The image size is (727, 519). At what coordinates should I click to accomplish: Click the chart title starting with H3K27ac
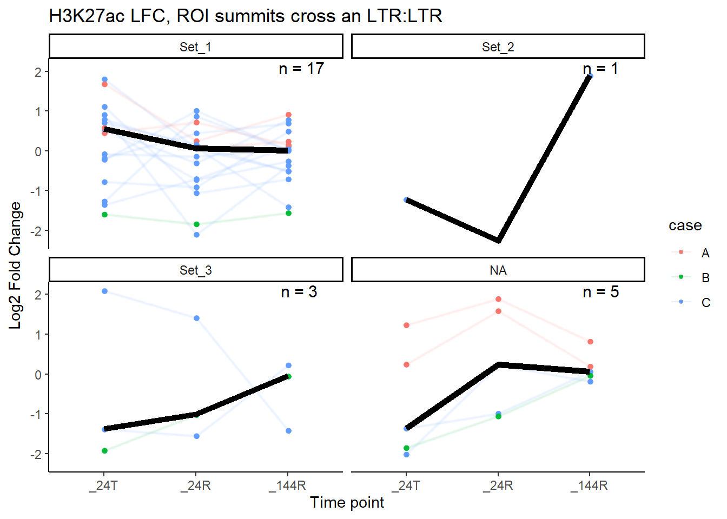tap(246, 16)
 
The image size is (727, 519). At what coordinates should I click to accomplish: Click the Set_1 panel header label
tap(195, 47)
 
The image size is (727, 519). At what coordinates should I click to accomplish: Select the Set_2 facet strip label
tap(498, 47)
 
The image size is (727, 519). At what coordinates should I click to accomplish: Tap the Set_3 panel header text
tap(195, 270)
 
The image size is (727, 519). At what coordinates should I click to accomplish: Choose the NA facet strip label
tap(498, 270)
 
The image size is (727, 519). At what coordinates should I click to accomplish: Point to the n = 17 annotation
tap(301, 69)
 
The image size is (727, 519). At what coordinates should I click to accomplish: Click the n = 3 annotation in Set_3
tap(299, 292)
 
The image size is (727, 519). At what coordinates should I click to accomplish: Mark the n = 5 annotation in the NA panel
tap(600, 292)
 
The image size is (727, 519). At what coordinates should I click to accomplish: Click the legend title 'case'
tap(685, 225)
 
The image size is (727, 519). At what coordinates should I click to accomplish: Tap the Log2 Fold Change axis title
tap(15, 265)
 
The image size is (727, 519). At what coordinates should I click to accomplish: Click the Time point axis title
tap(347, 502)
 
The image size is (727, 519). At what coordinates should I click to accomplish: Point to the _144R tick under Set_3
tap(288, 485)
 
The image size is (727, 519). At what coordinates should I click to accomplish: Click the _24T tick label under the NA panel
tap(406, 485)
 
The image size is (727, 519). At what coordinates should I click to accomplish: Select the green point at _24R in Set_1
tap(196, 224)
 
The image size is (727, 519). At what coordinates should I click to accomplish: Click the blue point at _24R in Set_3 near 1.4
tap(196, 318)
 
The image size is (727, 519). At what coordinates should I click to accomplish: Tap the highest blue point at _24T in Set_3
tap(104, 291)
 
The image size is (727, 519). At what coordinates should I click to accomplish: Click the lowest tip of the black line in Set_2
tap(498, 241)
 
